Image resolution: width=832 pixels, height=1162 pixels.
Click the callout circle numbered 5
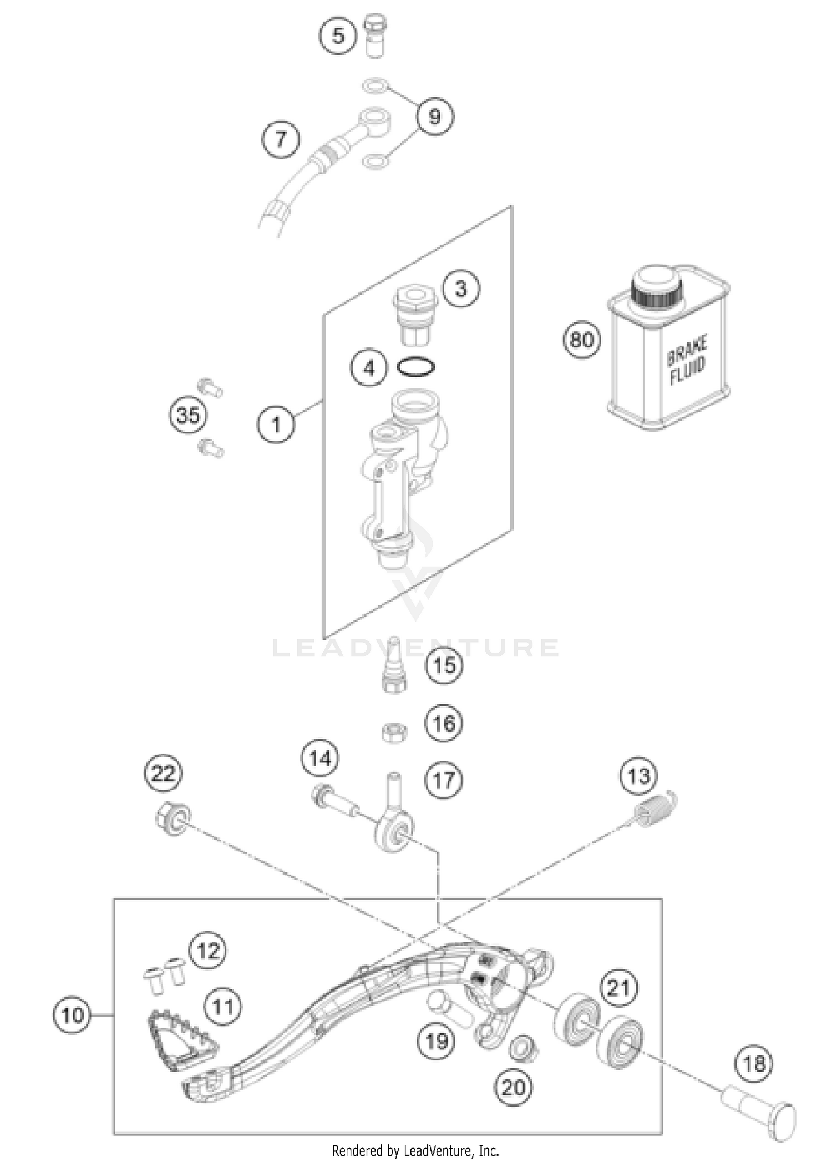338,36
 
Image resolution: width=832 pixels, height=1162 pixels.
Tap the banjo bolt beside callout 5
375,34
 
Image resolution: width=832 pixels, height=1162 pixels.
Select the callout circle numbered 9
434,117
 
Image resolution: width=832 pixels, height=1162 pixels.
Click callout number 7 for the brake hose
281,139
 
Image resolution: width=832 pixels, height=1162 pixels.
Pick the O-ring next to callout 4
416,367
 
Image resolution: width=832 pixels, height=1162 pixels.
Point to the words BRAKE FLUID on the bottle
687,358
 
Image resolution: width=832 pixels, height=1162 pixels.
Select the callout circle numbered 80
581,339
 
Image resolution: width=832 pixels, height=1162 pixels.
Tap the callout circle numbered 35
188,415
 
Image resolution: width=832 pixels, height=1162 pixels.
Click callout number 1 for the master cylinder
276,425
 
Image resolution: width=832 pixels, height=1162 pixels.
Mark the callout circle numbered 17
444,781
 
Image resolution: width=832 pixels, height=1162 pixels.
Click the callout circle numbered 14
320,758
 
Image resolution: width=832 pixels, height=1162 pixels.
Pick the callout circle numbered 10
73,1015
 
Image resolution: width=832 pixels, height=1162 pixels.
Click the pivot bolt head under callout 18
780,1122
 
